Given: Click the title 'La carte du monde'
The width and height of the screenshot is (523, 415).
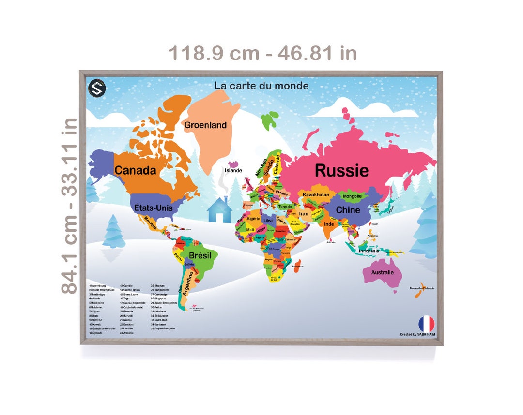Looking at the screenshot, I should click(x=261, y=86).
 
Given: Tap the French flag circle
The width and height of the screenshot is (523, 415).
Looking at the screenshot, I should click(x=426, y=324).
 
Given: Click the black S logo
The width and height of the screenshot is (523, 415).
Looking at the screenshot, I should click(x=97, y=89).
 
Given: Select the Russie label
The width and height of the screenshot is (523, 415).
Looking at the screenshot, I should click(x=341, y=170).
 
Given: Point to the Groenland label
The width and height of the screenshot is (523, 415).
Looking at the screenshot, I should click(x=205, y=125).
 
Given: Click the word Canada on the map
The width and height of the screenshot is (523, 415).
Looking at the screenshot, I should click(x=135, y=170).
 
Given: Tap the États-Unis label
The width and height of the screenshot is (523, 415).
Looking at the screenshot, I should click(x=154, y=207).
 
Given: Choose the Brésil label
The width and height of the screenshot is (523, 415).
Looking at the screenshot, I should click(x=200, y=255).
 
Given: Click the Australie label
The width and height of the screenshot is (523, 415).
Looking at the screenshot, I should click(x=382, y=272).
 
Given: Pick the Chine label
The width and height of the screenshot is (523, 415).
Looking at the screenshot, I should click(x=348, y=210).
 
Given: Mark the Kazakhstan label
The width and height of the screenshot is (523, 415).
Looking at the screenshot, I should click(x=316, y=195).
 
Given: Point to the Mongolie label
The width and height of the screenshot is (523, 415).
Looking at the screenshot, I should click(x=352, y=196).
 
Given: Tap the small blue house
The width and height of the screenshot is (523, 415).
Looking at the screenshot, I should click(x=219, y=210).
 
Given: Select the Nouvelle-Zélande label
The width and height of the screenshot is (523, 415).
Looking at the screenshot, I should click(x=422, y=288).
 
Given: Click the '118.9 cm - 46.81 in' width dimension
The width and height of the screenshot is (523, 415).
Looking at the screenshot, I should click(x=262, y=53).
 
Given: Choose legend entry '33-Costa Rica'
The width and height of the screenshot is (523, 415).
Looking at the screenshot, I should click(x=159, y=320).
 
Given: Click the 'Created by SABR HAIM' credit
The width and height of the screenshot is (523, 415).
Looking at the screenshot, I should click(x=417, y=334).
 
